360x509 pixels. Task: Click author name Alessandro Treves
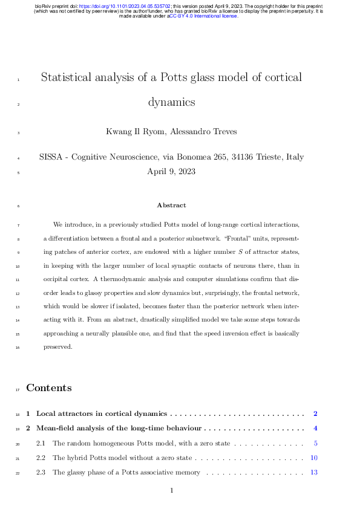pos(209,131)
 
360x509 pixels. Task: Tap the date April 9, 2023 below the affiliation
pos(171,171)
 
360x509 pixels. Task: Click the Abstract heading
pos(171,206)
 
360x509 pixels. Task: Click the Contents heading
pos(48,388)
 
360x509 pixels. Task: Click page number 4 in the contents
pos(315,429)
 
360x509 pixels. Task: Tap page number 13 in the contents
pos(314,472)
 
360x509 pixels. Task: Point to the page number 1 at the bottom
pos(172,490)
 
